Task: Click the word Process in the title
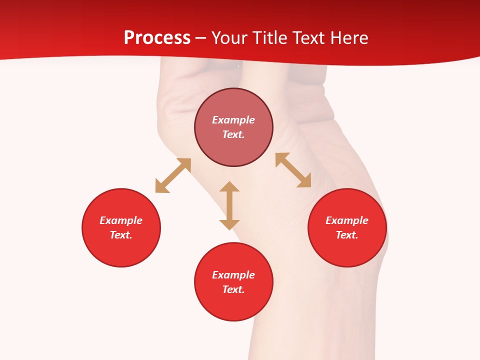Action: [157, 38]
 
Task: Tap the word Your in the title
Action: [229, 38]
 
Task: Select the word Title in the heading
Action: [269, 38]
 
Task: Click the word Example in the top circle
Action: [233, 120]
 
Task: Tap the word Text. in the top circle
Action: [233, 134]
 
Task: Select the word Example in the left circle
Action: [121, 220]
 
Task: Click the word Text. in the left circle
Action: [121, 235]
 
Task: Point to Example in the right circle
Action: [347, 220]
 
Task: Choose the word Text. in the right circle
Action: [347, 235]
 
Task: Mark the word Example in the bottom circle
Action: [233, 275]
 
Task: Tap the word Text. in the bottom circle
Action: [233, 289]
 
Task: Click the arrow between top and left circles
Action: [173, 175]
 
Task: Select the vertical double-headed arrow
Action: [229, 205]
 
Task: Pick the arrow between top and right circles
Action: [293, 170]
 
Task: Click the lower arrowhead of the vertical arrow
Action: [229, 224]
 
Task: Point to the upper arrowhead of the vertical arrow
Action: [229, 187]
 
